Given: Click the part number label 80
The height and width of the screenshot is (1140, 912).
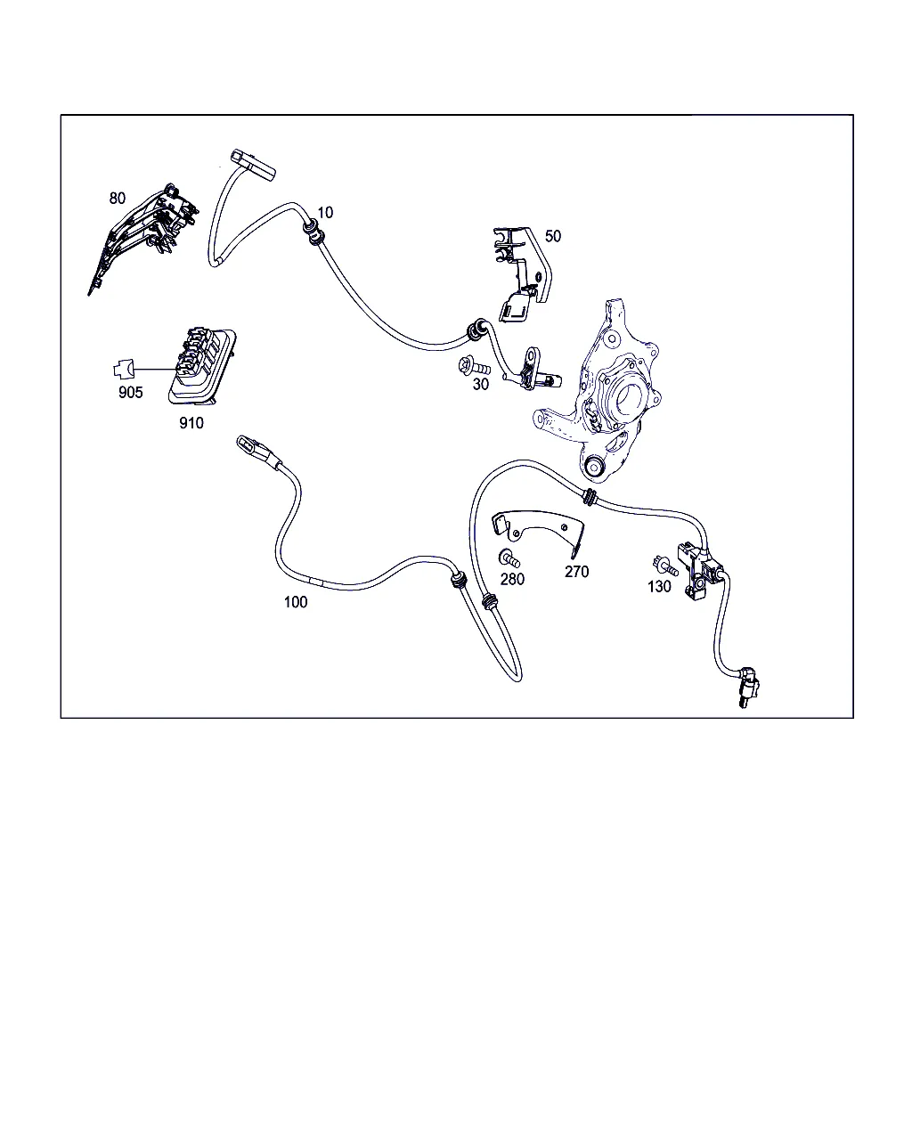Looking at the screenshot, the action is [x=117, y=198].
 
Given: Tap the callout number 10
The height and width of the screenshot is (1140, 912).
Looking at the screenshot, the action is [x=325, y=213].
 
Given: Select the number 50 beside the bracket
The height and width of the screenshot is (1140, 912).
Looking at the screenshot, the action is [x=553, y=236].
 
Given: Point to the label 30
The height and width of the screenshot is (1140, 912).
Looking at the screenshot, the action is [x=481, y=385].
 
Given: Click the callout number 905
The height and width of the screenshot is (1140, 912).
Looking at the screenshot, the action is [x=130, y=393].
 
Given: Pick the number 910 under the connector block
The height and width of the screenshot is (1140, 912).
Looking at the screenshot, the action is [x=191, y=423].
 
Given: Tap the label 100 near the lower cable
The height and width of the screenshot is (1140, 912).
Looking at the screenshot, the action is [x=296, y=602].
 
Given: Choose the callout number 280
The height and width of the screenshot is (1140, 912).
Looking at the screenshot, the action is [x=512, y=579].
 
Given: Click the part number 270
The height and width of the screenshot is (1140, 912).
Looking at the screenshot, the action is [x=576, y=572].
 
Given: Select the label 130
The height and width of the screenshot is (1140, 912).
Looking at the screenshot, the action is [x=659, y=586].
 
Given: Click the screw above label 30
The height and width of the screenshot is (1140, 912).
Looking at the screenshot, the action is [x=473, y=366].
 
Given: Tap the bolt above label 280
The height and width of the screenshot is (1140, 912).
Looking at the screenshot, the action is [x=509, y=559].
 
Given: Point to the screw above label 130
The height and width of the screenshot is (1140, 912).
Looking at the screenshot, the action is [x=665, y=566].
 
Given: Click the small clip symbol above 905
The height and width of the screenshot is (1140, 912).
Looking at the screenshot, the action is [x=124, y=370].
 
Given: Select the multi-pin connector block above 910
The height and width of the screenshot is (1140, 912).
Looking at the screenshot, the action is [x=202, y=366].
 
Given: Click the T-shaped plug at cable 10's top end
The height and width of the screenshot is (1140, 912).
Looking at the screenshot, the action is [x=253, y=164].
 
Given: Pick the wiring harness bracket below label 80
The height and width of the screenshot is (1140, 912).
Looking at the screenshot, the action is [x=143, y=239].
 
